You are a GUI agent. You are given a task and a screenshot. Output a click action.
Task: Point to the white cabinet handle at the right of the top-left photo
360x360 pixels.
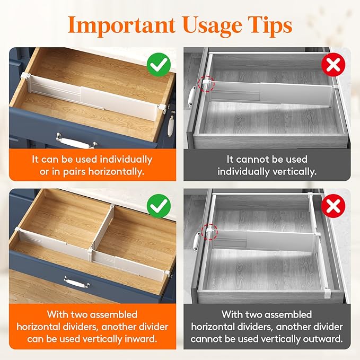[x=171, y=127]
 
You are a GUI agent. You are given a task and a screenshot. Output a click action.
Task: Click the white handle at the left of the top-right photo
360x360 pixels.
[x=190, y=97]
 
